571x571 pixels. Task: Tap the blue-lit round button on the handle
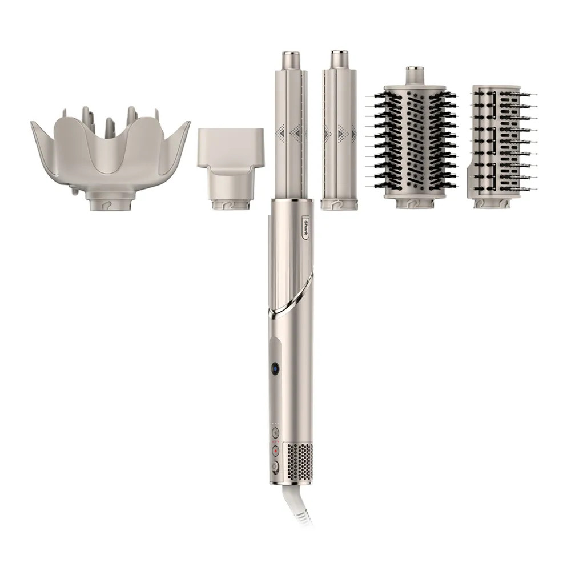pos(275,369)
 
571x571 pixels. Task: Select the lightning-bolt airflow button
pos(275,432)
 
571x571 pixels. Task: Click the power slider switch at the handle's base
pos(275,467)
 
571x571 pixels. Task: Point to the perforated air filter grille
pos(299,461)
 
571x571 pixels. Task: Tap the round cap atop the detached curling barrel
pos(339,59)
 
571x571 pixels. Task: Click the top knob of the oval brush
pos(415,75)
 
